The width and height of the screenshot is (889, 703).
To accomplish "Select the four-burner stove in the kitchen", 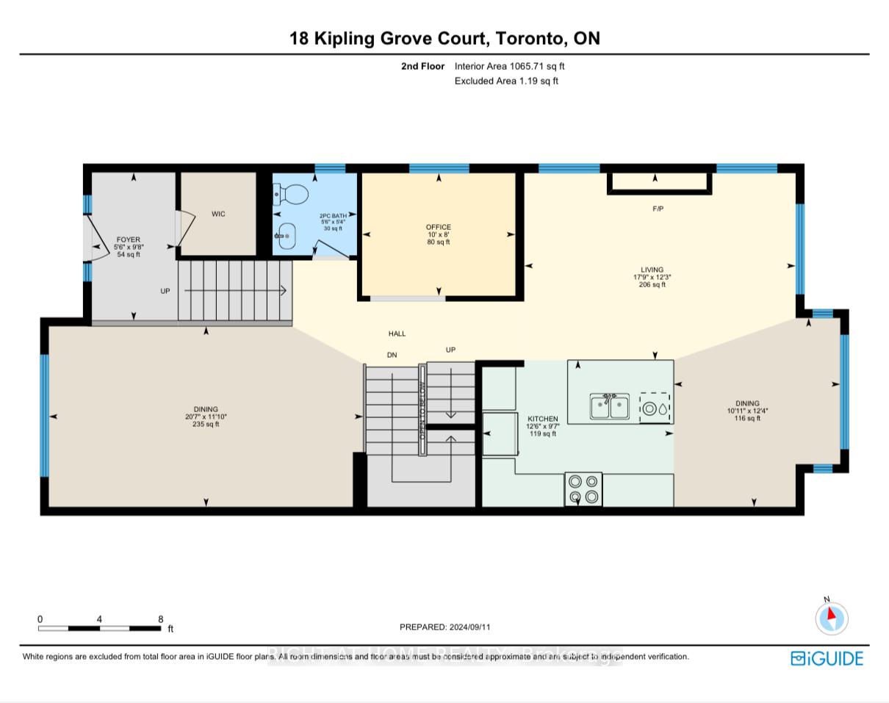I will point(583,489).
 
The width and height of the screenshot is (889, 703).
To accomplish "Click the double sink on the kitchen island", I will point(609,406).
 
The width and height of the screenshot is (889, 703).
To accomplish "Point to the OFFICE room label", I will point(439,227).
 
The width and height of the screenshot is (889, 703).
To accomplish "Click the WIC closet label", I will point(218,214).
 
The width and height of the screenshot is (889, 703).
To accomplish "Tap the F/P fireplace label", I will point(658,209).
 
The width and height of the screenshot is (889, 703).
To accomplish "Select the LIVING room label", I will point(652,270).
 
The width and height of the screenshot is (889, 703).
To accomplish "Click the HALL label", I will point(397,334).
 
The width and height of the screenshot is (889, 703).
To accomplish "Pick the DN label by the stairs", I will point(392,355).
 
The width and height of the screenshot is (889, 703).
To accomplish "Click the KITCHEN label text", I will point(542,419).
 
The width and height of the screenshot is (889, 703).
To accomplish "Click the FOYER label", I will point(128,239).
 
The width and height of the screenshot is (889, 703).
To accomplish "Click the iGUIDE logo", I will point(827,658).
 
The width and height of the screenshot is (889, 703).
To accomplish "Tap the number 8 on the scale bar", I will point(160,619).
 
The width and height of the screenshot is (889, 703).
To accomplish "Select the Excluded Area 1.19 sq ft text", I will point(506,81).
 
